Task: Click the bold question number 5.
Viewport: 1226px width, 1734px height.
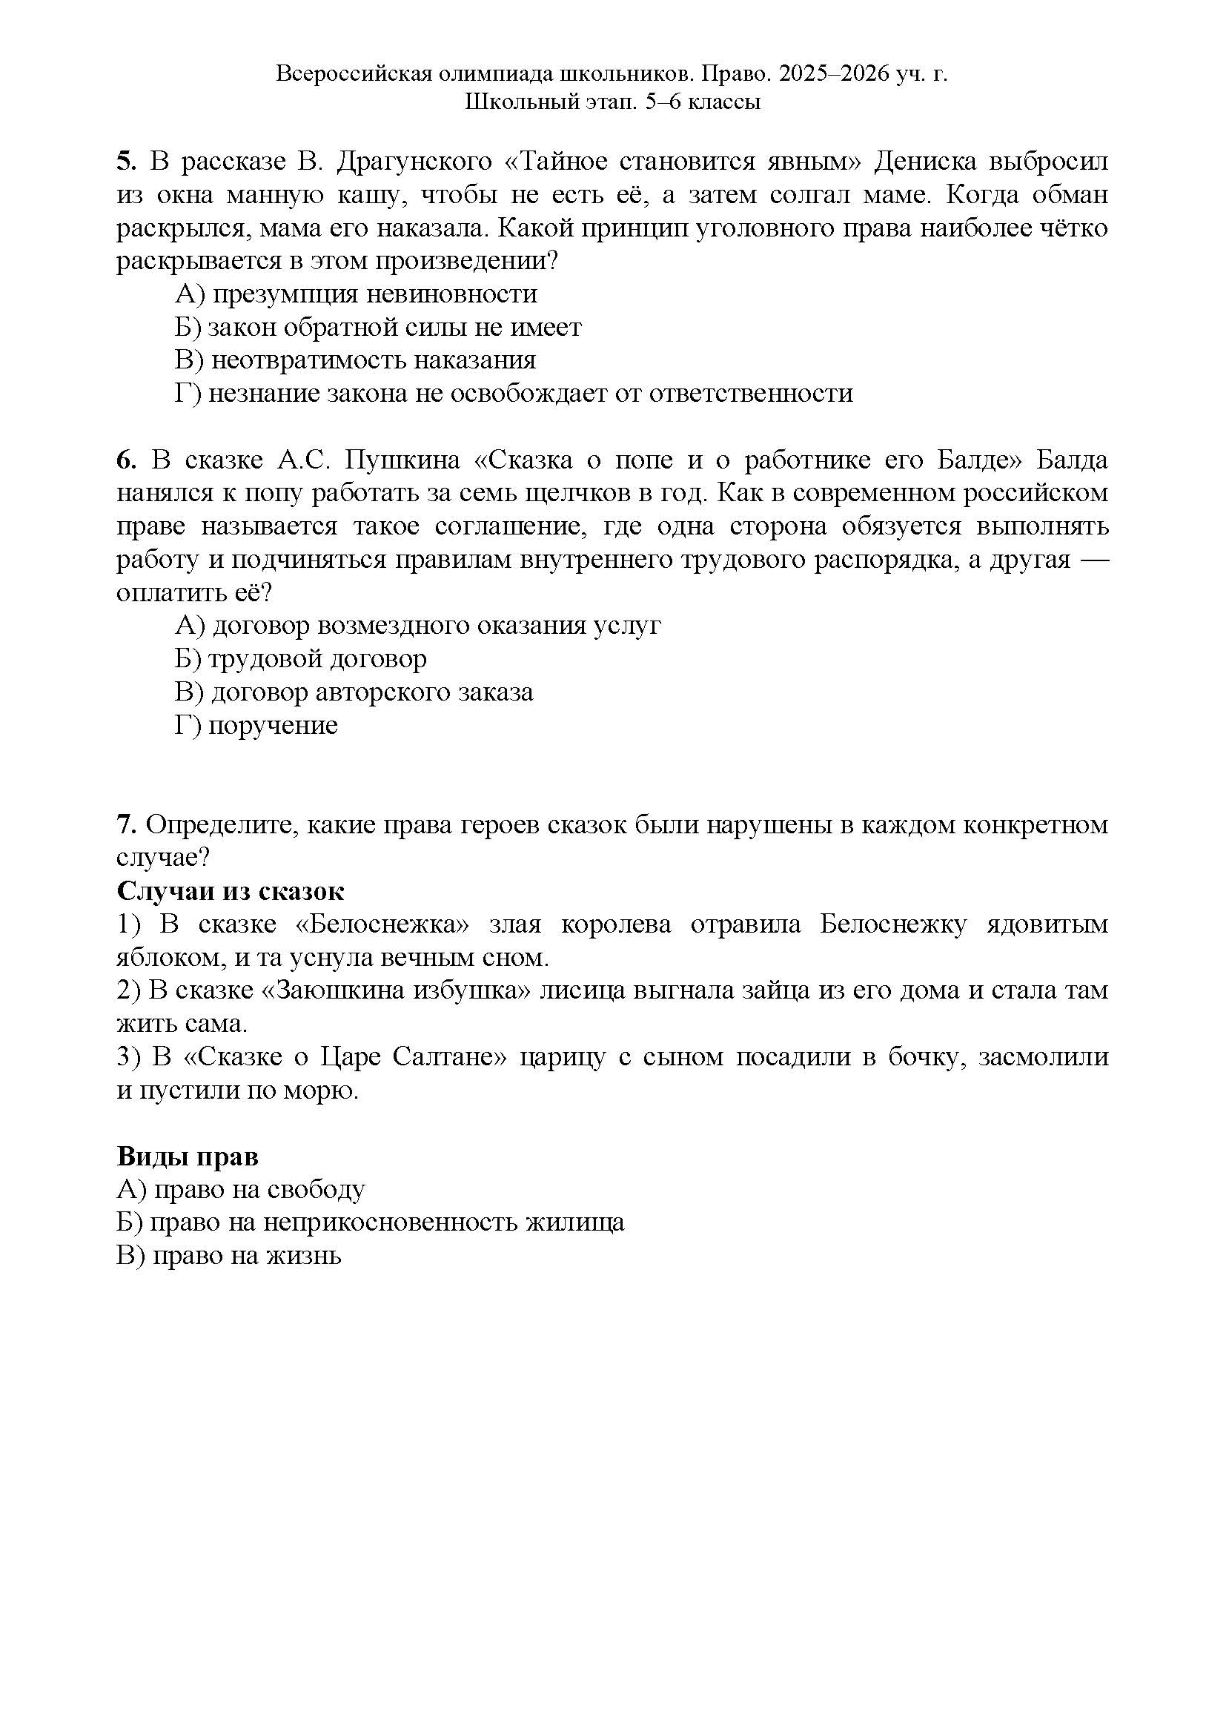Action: (x=125, y=162)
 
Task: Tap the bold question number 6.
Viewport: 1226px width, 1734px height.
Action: (x=125, y=460)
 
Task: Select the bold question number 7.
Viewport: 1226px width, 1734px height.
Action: (x=125, y=824)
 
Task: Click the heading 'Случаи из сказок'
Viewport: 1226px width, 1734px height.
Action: (x=231, y=891)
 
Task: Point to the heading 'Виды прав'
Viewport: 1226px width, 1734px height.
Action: (x=188, y=1156)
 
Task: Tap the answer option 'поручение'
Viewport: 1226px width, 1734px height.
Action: (x=256, y=725)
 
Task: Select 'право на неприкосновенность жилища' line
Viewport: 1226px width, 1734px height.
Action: (x=371, y=1222)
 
